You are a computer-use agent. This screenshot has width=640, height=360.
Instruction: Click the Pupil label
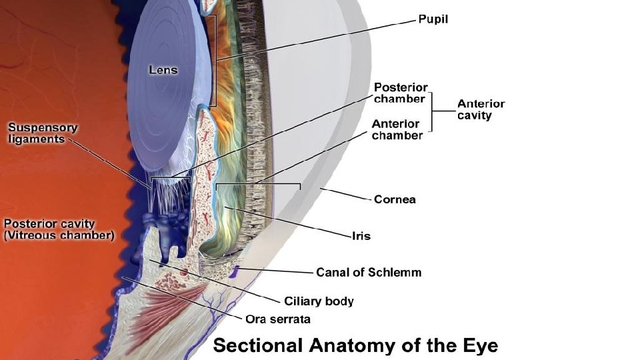[433, 19]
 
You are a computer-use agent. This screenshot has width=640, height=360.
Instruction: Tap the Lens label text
[163, 69]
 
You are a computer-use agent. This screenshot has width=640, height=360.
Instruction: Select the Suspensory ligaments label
[43, 133]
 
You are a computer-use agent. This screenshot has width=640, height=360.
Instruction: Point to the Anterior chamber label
[397, 129]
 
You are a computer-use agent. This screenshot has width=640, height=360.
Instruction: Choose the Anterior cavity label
[481, 109]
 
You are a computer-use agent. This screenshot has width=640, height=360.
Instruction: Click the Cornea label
[395, 199]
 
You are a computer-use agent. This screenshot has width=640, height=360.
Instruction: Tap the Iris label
[361, 235]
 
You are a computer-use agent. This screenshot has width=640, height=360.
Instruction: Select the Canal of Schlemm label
[368, 272]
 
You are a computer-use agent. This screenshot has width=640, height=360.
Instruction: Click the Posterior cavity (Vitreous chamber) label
[59, 229]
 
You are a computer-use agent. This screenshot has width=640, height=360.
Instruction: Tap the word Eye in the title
[479, 346]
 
